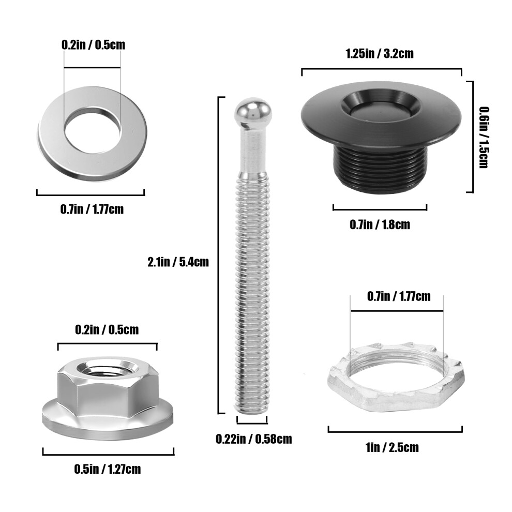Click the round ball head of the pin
[x=253, y=111]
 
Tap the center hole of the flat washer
[x=93, y=130]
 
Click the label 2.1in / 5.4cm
[x=178, y=262]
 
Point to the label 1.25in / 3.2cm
[x=380, y=53]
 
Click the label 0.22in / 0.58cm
[x=254, y=439]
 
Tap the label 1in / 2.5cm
[x=392, y=447]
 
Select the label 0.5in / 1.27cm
[x=108, y=469]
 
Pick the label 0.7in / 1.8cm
[x=380, y=224]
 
